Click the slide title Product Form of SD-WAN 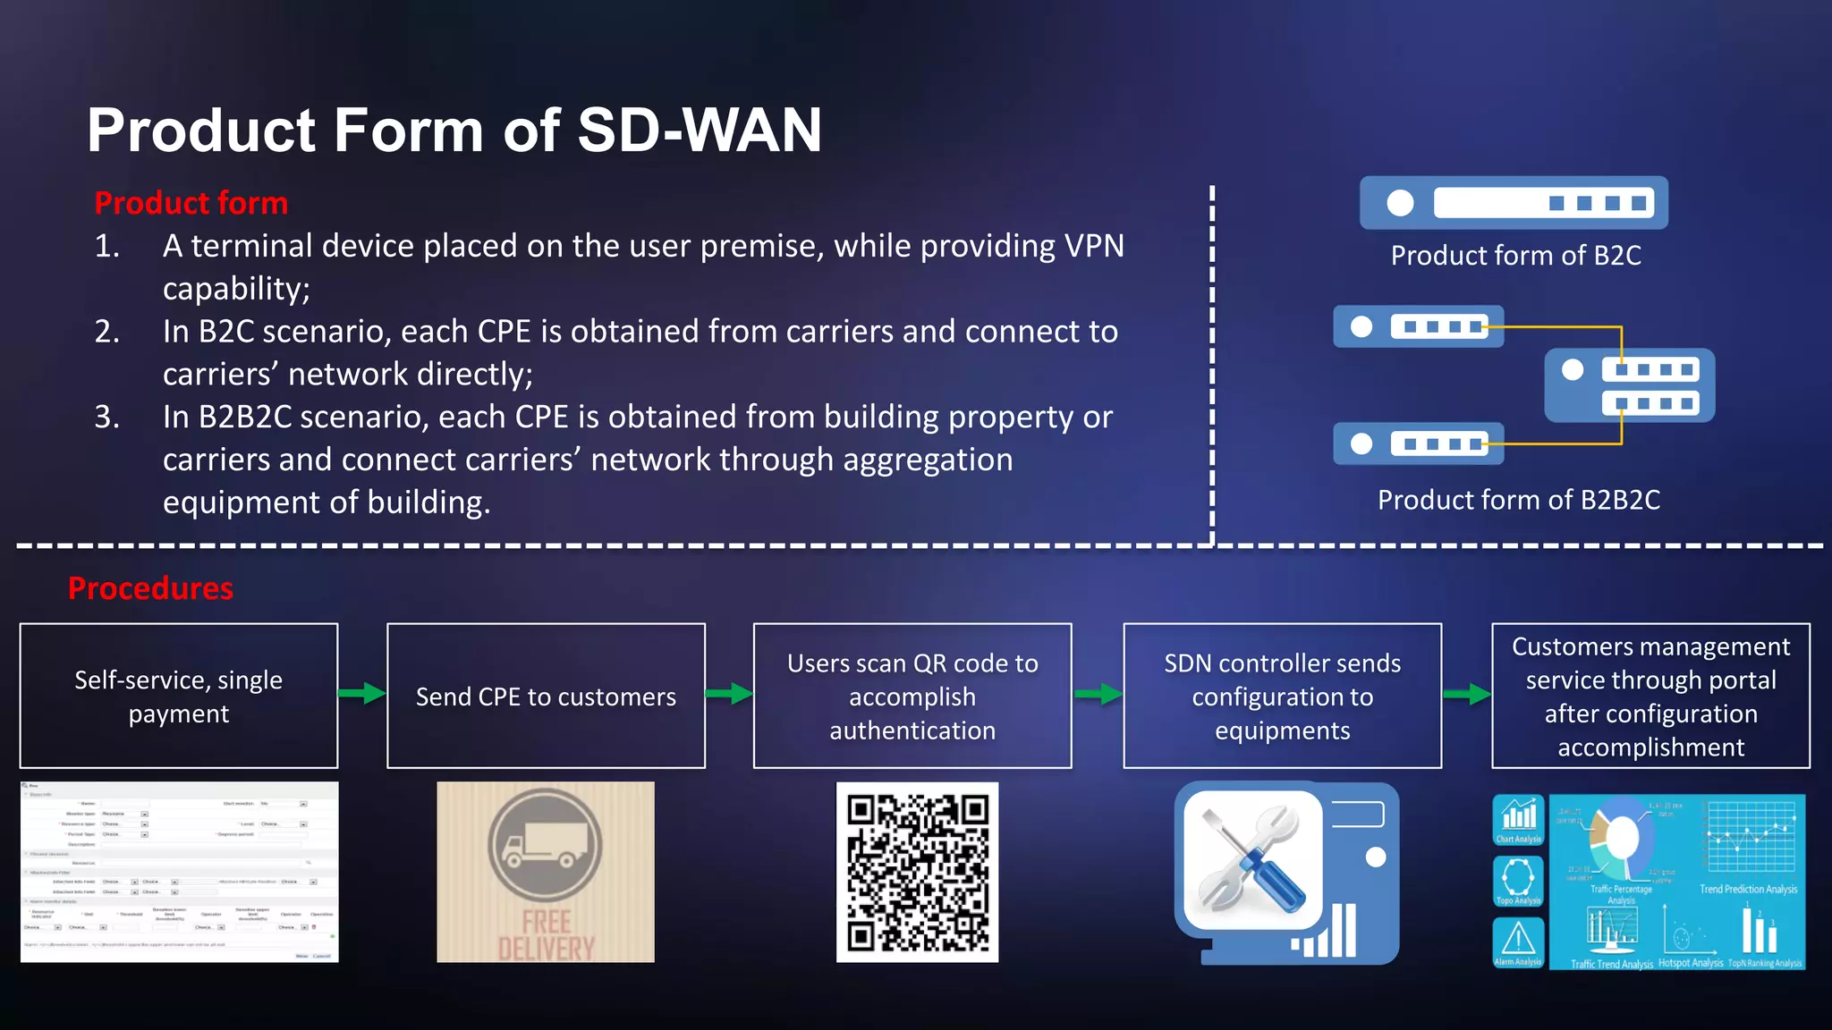[x=454, y=131]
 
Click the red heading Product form [x=191, y=203]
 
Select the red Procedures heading [x=150, y=587]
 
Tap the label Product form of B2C [x=1515, y=256]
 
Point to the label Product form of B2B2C [x=1518, y=500]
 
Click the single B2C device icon [x=1514, y=203]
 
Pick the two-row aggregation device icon [x=1629, y=385]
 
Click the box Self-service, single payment [x=179, y=696]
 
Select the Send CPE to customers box [x=546, y=696]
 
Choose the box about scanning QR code [x=912, y=696]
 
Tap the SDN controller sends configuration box [x=1282, y=696]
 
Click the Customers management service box [x=1650, y=696]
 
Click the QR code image [x=917, y=872]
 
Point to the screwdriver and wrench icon [x=1252, y=860]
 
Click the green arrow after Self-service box [x=362, y=693]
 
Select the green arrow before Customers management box [x=1467, y=694]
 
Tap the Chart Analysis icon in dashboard [x=1518, y=817]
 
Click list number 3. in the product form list [x=107, y=417]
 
